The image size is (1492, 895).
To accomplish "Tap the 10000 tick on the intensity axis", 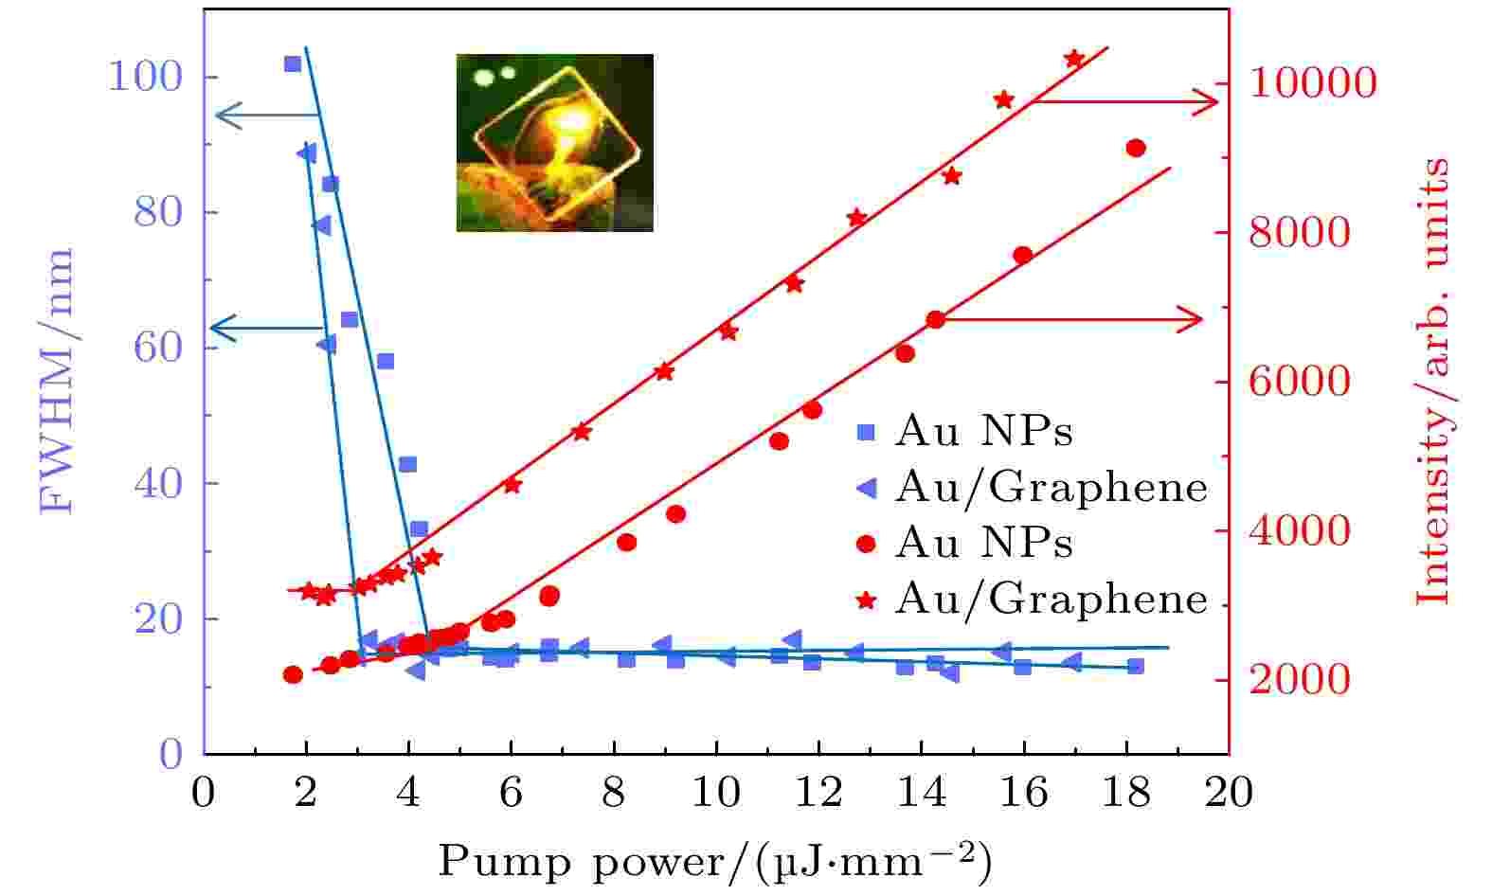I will [x=1312, y=83].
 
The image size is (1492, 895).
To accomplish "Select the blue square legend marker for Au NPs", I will [x=866, y=432].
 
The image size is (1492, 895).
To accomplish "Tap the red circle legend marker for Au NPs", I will [x=866, y=544].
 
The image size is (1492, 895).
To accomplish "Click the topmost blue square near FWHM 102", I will [x=293, y=64].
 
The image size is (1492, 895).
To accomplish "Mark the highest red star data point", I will [x=1073, y=59].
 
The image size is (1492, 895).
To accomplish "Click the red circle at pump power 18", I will [x=1137, y=148].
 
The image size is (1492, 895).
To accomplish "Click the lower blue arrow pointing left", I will [x=265, y=328].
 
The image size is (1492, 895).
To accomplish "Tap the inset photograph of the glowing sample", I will [x=554, y=142].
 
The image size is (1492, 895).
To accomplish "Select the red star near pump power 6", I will [x=512, y=485].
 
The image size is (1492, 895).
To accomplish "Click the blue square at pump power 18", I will [x=1136, y=667].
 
